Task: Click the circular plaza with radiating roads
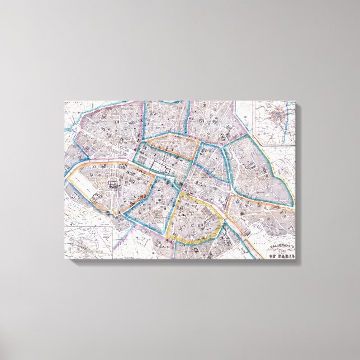tap(75, 126)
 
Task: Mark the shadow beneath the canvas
tap(184, 263)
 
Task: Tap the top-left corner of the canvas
tap(65, 102)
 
